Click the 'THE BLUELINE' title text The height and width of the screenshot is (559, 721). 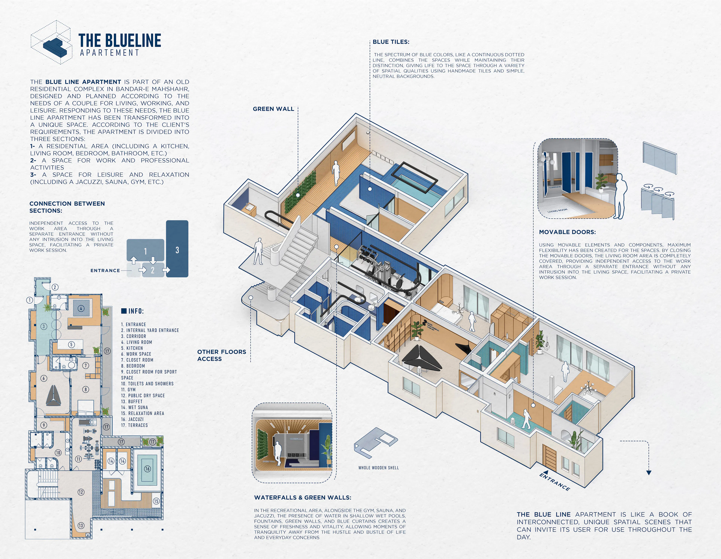click(x=119, y=41)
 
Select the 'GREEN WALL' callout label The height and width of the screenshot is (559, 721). click(x=273, y=109)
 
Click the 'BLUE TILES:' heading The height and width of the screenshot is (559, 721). click(x=391, y=42)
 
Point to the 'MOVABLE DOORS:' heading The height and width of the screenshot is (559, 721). click(x=567, y=232)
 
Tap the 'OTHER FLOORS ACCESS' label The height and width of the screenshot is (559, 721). click(x=222, y=355)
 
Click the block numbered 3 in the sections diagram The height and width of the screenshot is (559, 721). click(x=177, y=250)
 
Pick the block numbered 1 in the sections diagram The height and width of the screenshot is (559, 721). click(x=145, y=251)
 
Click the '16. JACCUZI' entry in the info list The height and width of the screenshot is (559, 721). click(x=132, y=419)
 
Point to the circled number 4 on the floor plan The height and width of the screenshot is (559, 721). click(x=81, y=308)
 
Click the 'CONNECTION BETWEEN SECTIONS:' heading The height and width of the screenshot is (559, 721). click(x=67, y=207)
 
